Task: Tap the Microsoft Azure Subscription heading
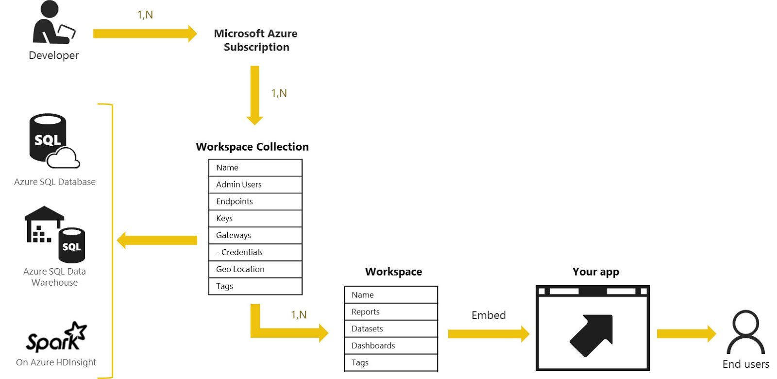click(256, 40)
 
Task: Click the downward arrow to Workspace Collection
click(254, 95)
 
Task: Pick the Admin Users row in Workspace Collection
click(255, 185)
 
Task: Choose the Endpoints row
click(255, 202)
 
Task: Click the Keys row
click(255, 219)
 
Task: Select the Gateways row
click(255, 236)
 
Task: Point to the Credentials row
click(255, 252)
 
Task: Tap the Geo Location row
click(255, 269)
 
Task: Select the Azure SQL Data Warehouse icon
click(54, 234)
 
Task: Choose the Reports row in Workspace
click(390, 312)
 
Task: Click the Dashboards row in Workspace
click(390, 346)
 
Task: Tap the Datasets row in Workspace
click(390, 329)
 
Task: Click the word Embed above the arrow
click(489, 315)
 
